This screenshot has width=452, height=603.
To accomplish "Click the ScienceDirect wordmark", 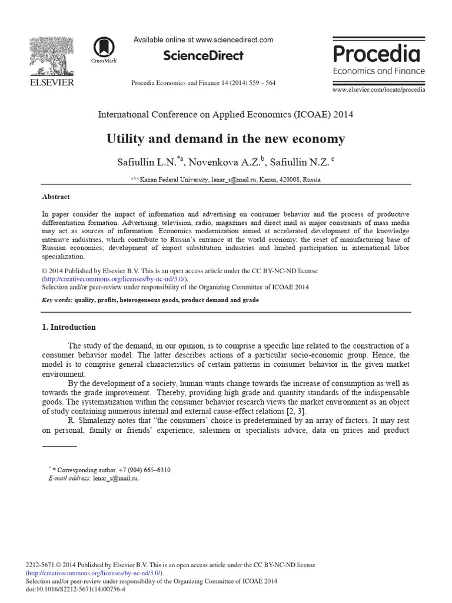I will [203, 56].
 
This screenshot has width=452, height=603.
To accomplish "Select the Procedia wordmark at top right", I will [377, 54].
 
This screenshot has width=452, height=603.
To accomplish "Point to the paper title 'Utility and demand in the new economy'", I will [225, 139].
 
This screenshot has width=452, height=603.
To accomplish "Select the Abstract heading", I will [56, 197].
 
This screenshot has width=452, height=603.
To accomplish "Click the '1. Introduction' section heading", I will [69, 327].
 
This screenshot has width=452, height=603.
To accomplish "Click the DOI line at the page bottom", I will [76, 588].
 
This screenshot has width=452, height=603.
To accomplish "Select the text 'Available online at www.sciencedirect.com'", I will [203, 39].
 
